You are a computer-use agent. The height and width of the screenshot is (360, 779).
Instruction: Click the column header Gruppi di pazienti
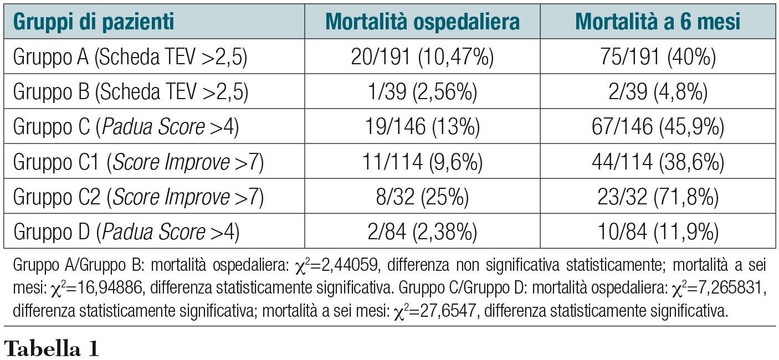point(94,22)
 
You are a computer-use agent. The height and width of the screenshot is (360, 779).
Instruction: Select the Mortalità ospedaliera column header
point(423,22)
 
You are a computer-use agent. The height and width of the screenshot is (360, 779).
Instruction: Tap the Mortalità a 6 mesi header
point(658,22)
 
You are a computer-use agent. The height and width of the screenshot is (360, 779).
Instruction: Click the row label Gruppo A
point(131,57)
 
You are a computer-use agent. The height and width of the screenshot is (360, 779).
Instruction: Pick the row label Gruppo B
point(131,92)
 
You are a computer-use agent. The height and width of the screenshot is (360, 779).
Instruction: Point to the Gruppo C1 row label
point(138,162)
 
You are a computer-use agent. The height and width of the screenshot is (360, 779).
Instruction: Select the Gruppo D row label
point(126,232)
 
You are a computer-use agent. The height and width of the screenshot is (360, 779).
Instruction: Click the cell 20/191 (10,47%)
point(422,57)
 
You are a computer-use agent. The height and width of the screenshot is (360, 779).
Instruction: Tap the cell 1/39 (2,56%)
point(422,92)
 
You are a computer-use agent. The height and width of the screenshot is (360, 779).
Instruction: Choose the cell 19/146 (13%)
point(422,127)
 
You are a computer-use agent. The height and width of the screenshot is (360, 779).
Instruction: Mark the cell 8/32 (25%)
point(422,197)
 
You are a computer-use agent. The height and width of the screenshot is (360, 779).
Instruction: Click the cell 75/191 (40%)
point(658,57)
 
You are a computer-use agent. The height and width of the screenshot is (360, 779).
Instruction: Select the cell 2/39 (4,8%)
point(658,92)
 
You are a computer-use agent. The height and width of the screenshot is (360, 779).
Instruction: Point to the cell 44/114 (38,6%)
point(658,162)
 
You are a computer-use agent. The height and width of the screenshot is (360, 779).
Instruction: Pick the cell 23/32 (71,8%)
point(658,197)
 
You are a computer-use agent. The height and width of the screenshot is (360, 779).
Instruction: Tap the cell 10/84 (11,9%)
point(658,232)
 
